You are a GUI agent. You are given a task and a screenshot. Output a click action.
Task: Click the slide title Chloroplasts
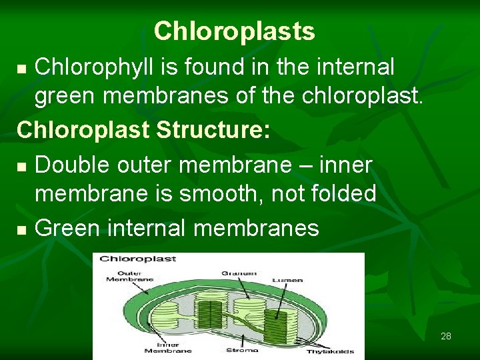pyautogui.click(x=234, y=31)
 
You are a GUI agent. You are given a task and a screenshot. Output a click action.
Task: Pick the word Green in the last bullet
pyautogui.click(x=64, y=229)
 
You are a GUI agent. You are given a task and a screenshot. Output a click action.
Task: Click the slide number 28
pyautogui.click(x=446, y=336)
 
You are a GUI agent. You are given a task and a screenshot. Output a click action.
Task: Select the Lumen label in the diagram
pyautogui.click(x=287, y=280)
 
